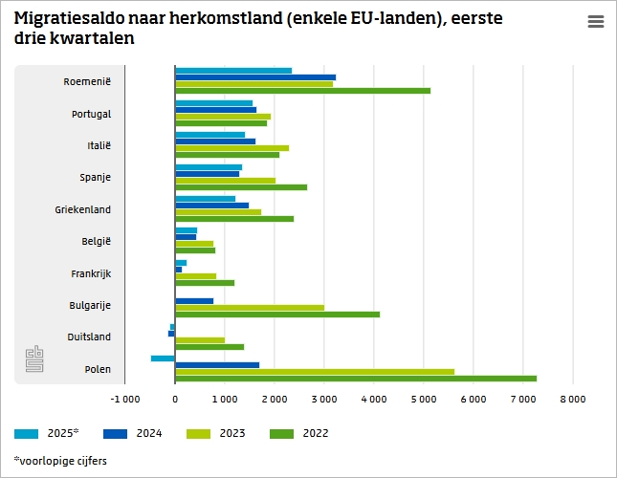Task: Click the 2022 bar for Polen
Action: [x=356, y=378]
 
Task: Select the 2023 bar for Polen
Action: [x=315, y=371]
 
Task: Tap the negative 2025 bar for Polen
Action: [x=163, y=358]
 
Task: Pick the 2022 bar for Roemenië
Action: [x=302, y=91]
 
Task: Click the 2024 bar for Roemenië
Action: [x=255, y=76]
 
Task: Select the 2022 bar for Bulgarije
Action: [x=277, y=314]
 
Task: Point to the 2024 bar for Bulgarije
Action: [x=194, y=301]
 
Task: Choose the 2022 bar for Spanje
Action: [x=241, y=186]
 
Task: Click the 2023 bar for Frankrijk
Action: [x=196, y=276]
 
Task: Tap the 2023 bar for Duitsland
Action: [x=200, y=339]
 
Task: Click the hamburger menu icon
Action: [x=595, y=22]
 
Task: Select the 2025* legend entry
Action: [x=48, y=433]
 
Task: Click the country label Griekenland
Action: [x=83, y=209]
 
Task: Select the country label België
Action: [x=96, y=241]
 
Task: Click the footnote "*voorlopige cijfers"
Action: [x=60, y=461]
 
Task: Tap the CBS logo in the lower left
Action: [x=35, y=360]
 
